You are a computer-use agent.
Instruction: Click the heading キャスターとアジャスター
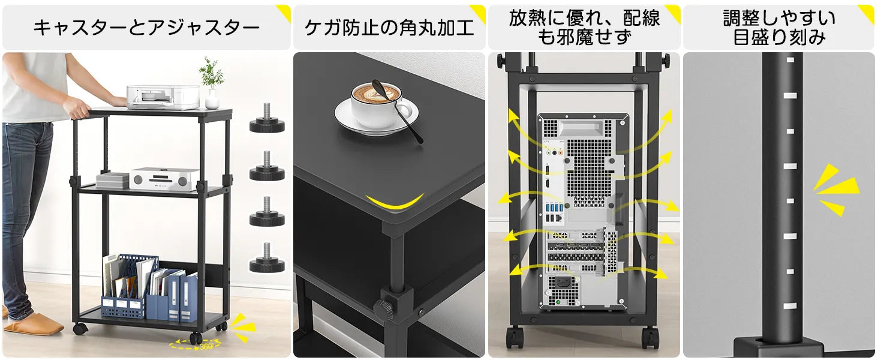tap(146, 28)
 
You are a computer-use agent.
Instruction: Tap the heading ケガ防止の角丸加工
tap(389, 28)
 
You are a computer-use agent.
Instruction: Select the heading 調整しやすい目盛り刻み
tap(778, 28)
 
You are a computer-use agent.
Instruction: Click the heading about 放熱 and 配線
tap(584, 28)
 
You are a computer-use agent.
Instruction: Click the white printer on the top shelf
tap(163, 97)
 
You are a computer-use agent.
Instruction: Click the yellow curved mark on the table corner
tap(395, 203)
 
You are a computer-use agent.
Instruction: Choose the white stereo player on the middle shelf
tap(164, 179)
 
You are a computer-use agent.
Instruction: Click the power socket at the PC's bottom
tap(565, 283)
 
